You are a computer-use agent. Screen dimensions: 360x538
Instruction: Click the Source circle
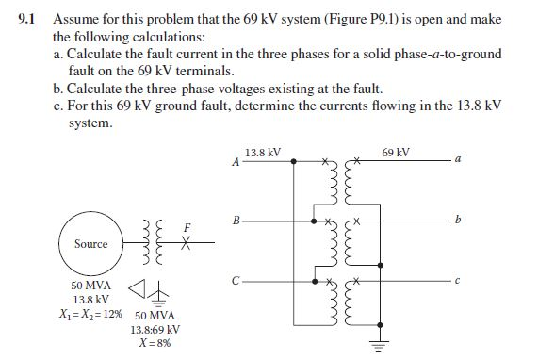tap(90, 243)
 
